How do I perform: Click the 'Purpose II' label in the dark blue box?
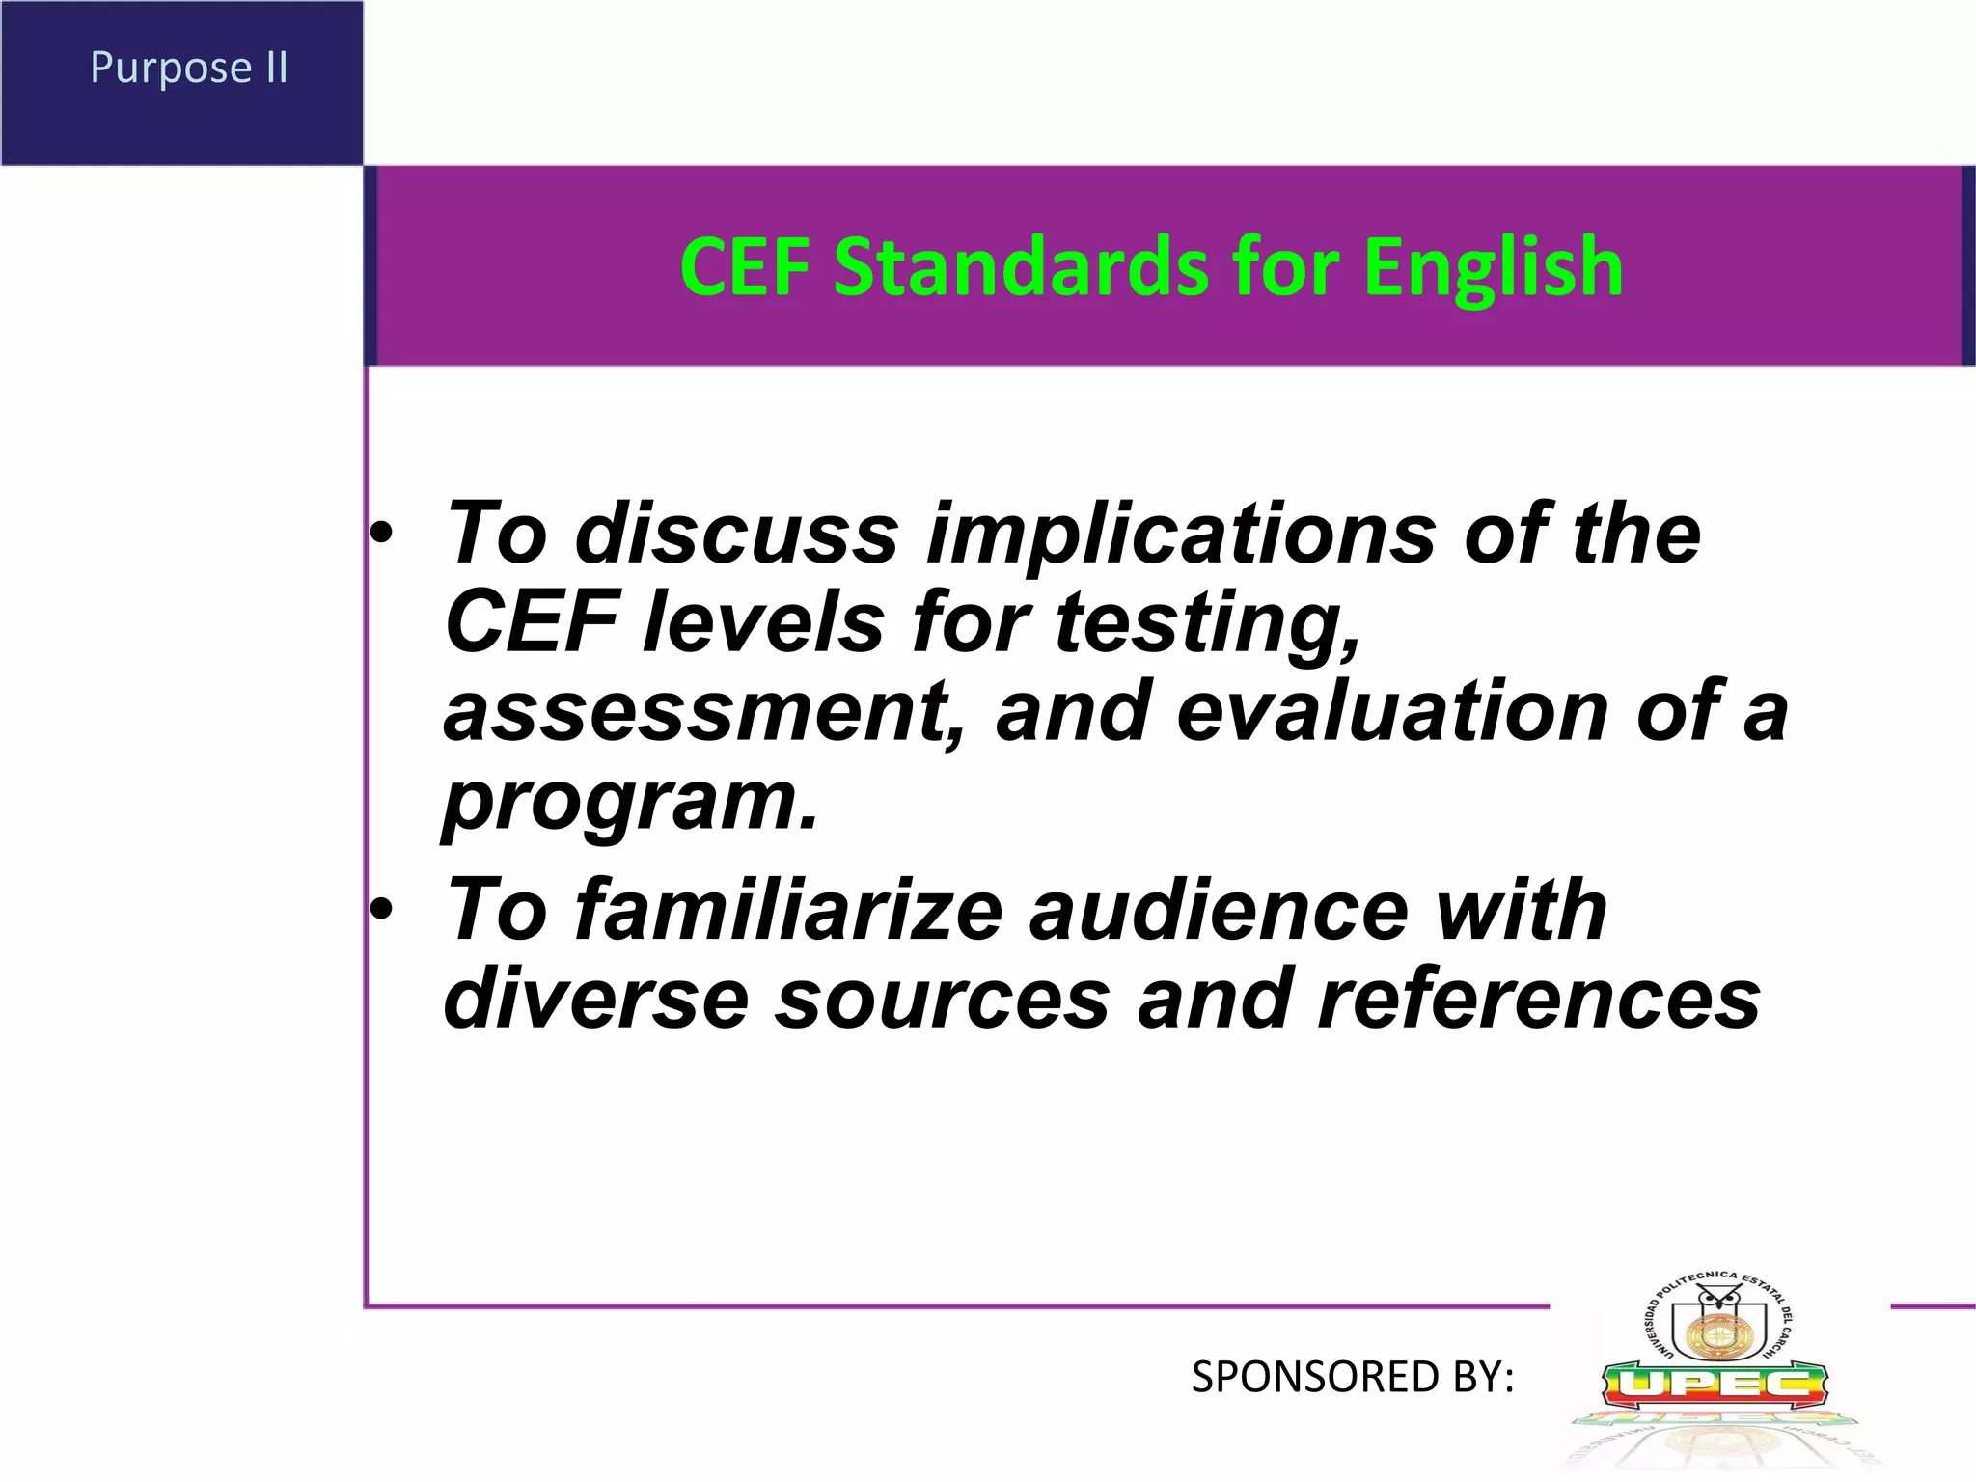189,68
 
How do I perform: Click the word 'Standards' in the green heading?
1020,267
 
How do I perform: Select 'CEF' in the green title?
744,267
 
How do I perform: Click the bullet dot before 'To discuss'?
382,534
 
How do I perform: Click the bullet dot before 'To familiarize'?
382,910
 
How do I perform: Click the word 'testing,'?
1207,622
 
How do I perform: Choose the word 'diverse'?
595,999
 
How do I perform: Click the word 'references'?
1539,999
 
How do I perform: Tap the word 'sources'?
943,999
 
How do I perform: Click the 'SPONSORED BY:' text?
1352,1377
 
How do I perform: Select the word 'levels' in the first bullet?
763,622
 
